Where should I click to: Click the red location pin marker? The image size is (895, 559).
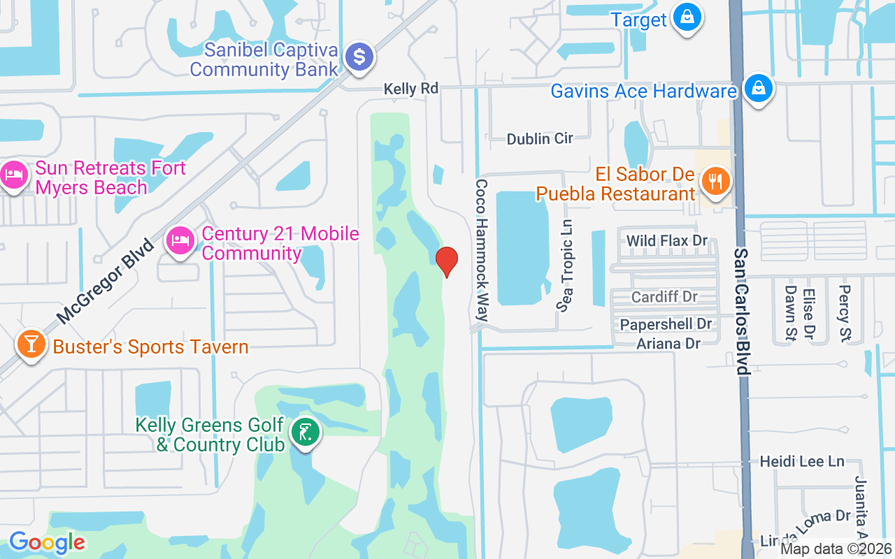click(447, 261)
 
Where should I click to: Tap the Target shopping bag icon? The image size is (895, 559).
click(687, 17)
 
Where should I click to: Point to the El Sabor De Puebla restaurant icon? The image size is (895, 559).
click(715, 182)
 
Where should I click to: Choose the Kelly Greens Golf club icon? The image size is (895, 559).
click(304, 433)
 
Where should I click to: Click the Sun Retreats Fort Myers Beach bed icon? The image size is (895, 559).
click(14, 175)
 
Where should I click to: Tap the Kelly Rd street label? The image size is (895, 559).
click(410, 89)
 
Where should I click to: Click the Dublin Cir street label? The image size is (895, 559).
click(540, 138)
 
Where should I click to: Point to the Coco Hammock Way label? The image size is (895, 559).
click(481, 250)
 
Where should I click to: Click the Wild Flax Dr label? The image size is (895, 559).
click(667, 241)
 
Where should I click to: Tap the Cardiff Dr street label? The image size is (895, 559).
click(664, 297)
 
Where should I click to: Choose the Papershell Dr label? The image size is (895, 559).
click(666, 324)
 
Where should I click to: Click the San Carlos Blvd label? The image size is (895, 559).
click(742, 311)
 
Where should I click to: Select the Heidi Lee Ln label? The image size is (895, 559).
click(802, 461)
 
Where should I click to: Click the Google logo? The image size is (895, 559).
click(47, 542)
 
